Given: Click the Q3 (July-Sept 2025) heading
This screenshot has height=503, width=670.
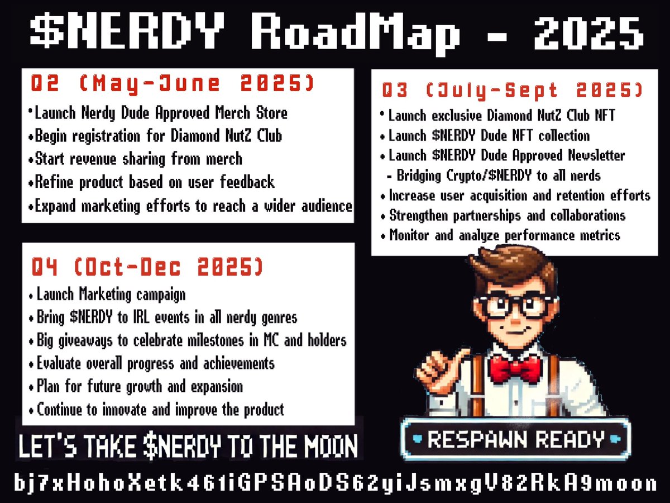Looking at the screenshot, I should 511,90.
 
